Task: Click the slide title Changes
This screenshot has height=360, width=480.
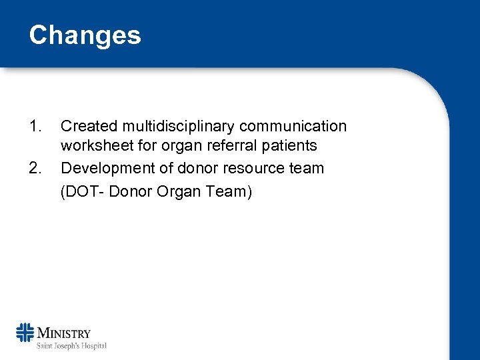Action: click(85, 35)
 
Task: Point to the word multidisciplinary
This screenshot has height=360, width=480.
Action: click(178, 127)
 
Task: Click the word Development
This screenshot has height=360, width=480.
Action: click(104, 168)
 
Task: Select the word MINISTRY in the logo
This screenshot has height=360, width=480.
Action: click(64, 333)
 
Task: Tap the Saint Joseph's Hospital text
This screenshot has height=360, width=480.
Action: click(71, 345)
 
